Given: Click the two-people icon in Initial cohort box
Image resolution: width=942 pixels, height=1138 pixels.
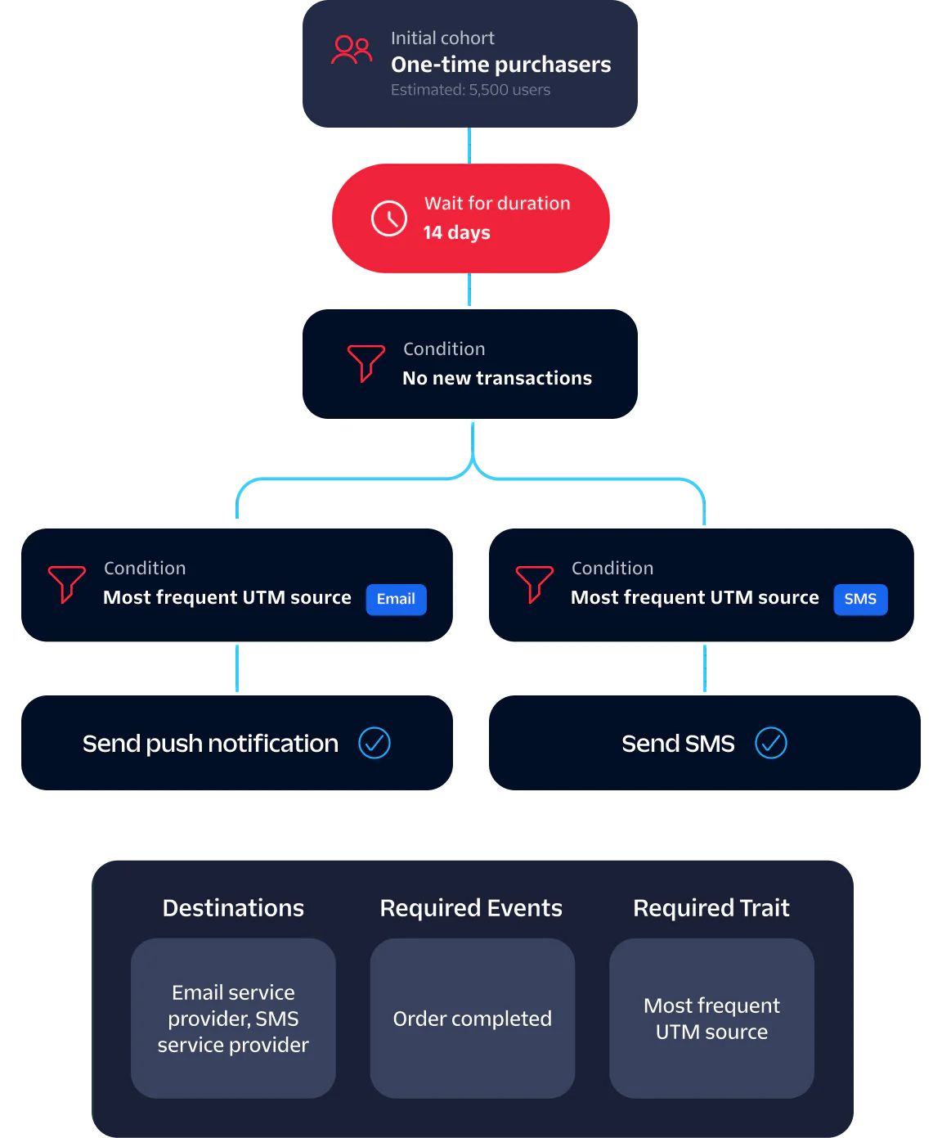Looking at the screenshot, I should click(x=352, y=50).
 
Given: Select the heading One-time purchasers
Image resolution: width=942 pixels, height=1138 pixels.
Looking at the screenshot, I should click(x=500, y=65).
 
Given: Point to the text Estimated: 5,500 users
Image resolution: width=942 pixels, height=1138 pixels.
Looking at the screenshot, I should click(x=470, y=90).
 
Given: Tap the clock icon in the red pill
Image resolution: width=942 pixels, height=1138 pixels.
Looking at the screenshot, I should click(x=389, y=218).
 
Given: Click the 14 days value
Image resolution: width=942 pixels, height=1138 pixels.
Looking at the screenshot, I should click(x=456, y=233).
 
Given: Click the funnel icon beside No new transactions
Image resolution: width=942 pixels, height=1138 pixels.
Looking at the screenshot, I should click(x=366, y=362).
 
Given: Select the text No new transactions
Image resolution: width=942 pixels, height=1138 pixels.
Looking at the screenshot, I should click(x=496, y=378).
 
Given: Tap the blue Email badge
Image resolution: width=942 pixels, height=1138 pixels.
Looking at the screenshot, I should click(x=396, y=599).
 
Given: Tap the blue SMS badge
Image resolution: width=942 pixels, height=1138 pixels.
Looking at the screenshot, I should click(x=860, y=599).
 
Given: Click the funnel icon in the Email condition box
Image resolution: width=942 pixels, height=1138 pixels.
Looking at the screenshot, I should click(x=66, y=583).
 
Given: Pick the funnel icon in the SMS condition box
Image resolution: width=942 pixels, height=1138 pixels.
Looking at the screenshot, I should click(x=534, y=583).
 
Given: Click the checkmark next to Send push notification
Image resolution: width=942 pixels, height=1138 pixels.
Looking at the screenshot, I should click(x=375, y=743).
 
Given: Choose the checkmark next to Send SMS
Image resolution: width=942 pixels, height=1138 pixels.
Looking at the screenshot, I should click(x=770, y=743).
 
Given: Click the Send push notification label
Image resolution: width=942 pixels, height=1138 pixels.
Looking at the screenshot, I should click(x=210, y=743).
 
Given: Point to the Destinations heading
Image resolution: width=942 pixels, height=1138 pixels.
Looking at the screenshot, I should click(x=233, y=908).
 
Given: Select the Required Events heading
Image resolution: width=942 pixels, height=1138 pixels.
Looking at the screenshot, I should click(x=471, y=908).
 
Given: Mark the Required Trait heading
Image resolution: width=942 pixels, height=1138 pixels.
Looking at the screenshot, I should click(x=711, y=908).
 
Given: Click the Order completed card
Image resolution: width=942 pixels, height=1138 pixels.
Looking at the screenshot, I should click(x=472, y=1018).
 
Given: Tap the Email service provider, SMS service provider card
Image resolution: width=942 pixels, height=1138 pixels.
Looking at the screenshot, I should click(x=233, y=1018).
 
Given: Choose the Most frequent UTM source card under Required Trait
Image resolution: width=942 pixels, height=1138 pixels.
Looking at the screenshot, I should click(x=711, y=1018).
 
